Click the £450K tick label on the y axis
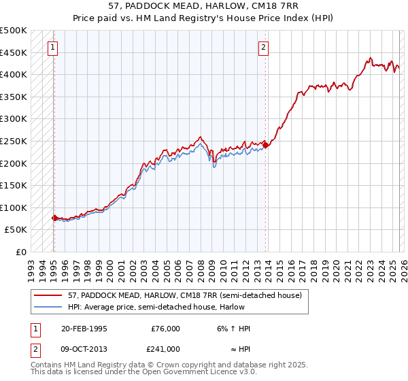(x=14, y=52)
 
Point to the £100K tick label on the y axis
(x=14, y=208)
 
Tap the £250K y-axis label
(x=14, y=141)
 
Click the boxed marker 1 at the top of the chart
(x=53, y=48)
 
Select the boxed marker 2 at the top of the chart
(x=263, y=48)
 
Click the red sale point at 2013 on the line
(x=266, y=145)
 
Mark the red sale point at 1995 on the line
(x=54, y=218)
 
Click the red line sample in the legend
(x=48, y=295)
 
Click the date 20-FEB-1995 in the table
(x=84, y=329)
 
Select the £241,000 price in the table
(x=165, y=348)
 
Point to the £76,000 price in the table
(x=165, y=329)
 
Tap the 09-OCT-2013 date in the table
(x=84, y=348)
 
